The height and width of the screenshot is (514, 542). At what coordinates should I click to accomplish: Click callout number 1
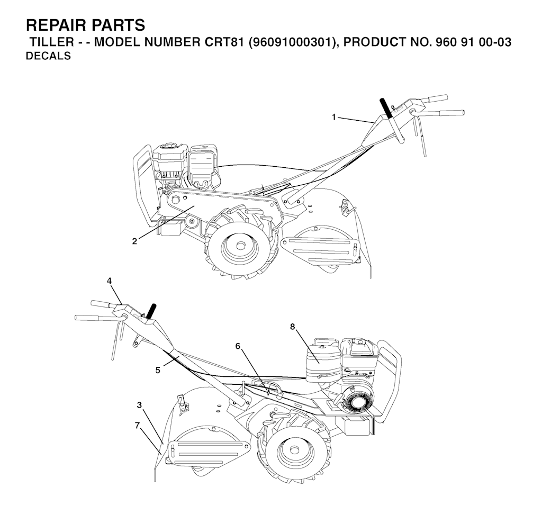coord(333,118)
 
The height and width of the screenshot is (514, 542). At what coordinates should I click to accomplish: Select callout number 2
coord(134,241)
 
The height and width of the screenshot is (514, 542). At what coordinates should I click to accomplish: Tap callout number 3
coord(139,405)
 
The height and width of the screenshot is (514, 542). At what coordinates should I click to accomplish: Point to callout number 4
coord(109,281)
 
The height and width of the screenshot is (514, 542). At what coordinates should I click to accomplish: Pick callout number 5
coord(158,371)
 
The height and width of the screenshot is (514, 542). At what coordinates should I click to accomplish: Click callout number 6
coord(238,346)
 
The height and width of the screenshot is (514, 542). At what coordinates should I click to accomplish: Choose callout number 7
coord(137,426)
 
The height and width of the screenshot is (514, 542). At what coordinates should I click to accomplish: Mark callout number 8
coord(292,327)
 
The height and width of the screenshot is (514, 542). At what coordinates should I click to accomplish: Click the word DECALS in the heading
coord(48,56)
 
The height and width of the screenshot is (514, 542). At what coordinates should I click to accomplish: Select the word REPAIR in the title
coord(55,25)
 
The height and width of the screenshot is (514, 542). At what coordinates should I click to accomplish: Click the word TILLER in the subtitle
coord(52,42)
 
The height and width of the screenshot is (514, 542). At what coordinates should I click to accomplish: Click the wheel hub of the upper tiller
coord(239,245)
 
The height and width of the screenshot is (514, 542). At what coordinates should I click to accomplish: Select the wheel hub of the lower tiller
coord(294,450)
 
